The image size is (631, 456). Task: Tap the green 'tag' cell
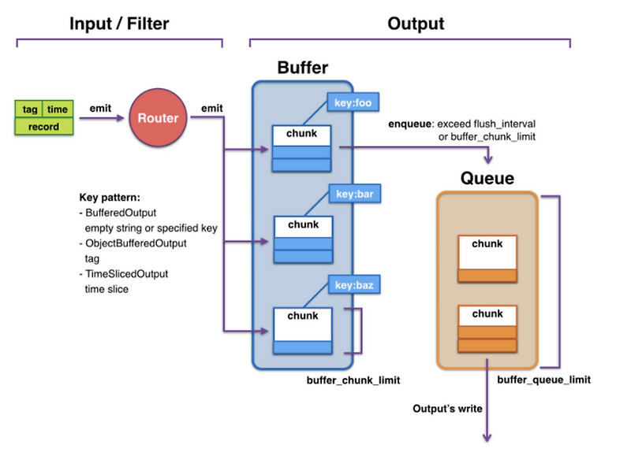click(x=31, y=109)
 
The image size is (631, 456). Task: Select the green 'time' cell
click(x=58, y=109)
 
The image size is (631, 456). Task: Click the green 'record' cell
click(x=45, y=126)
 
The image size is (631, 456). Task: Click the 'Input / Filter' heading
click(x=118, y=24)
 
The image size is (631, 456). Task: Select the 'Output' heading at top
click(x=416, y=24)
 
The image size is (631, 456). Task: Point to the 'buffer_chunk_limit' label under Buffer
click(x=353, y=380)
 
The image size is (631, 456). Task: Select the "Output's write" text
click(x=447, y=409)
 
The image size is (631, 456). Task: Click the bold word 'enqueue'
click(x=410, y=124)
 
